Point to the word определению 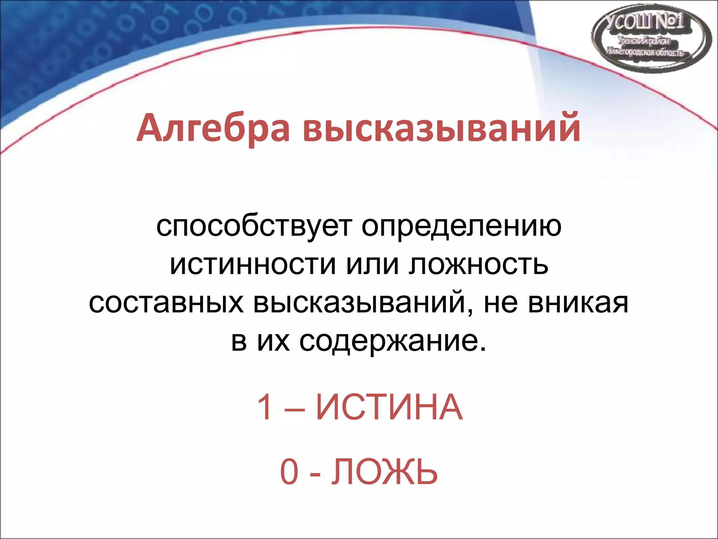(x=461, y=226)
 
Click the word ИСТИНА (x=389, y=407)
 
